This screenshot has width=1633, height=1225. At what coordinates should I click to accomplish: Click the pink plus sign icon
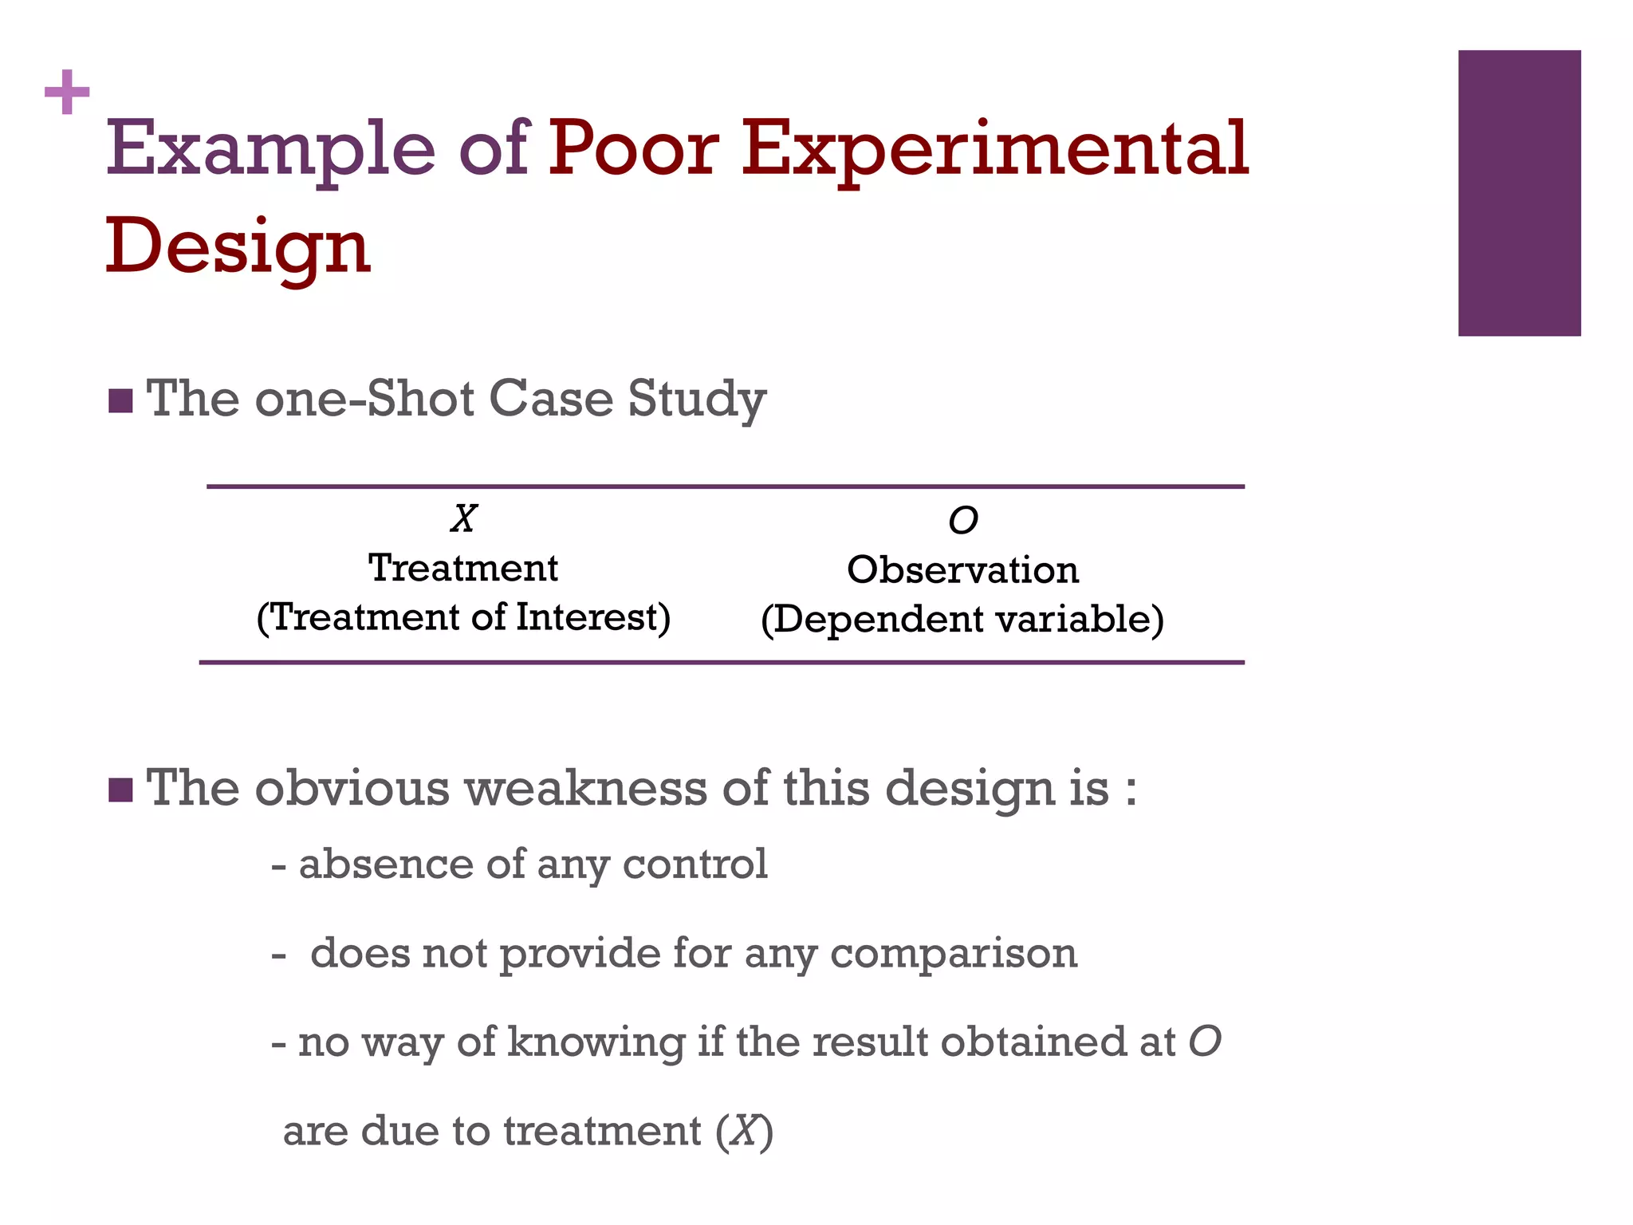(x=67, y=93)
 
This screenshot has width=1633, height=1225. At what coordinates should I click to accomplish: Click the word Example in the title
(x=270, y=149)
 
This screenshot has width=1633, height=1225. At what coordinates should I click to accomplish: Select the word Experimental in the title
(x=994, y=149)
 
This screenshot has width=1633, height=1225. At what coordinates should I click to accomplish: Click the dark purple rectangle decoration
(x=1519, y=193)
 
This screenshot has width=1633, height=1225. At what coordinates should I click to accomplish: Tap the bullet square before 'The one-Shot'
(x=120, y=401)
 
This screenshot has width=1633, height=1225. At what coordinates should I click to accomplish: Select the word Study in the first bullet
(x=696, y=400)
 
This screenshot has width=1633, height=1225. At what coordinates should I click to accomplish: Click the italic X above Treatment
(x=463, y=519)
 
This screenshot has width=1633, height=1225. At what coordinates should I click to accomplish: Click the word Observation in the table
(x=962, y=570)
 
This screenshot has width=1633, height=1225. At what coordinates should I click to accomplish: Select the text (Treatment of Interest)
(x=463, y=618)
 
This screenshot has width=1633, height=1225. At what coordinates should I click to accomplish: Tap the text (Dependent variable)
(x=962, y=620)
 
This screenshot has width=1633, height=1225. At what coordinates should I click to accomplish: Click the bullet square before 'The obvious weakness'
(x=120, y=790)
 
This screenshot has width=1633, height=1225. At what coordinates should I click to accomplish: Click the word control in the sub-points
(x=695, y=865)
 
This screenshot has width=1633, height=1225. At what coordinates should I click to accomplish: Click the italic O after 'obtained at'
(x=1205, y=1042)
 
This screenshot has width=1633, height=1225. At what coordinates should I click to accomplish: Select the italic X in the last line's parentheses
(x=745, y=1132)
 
